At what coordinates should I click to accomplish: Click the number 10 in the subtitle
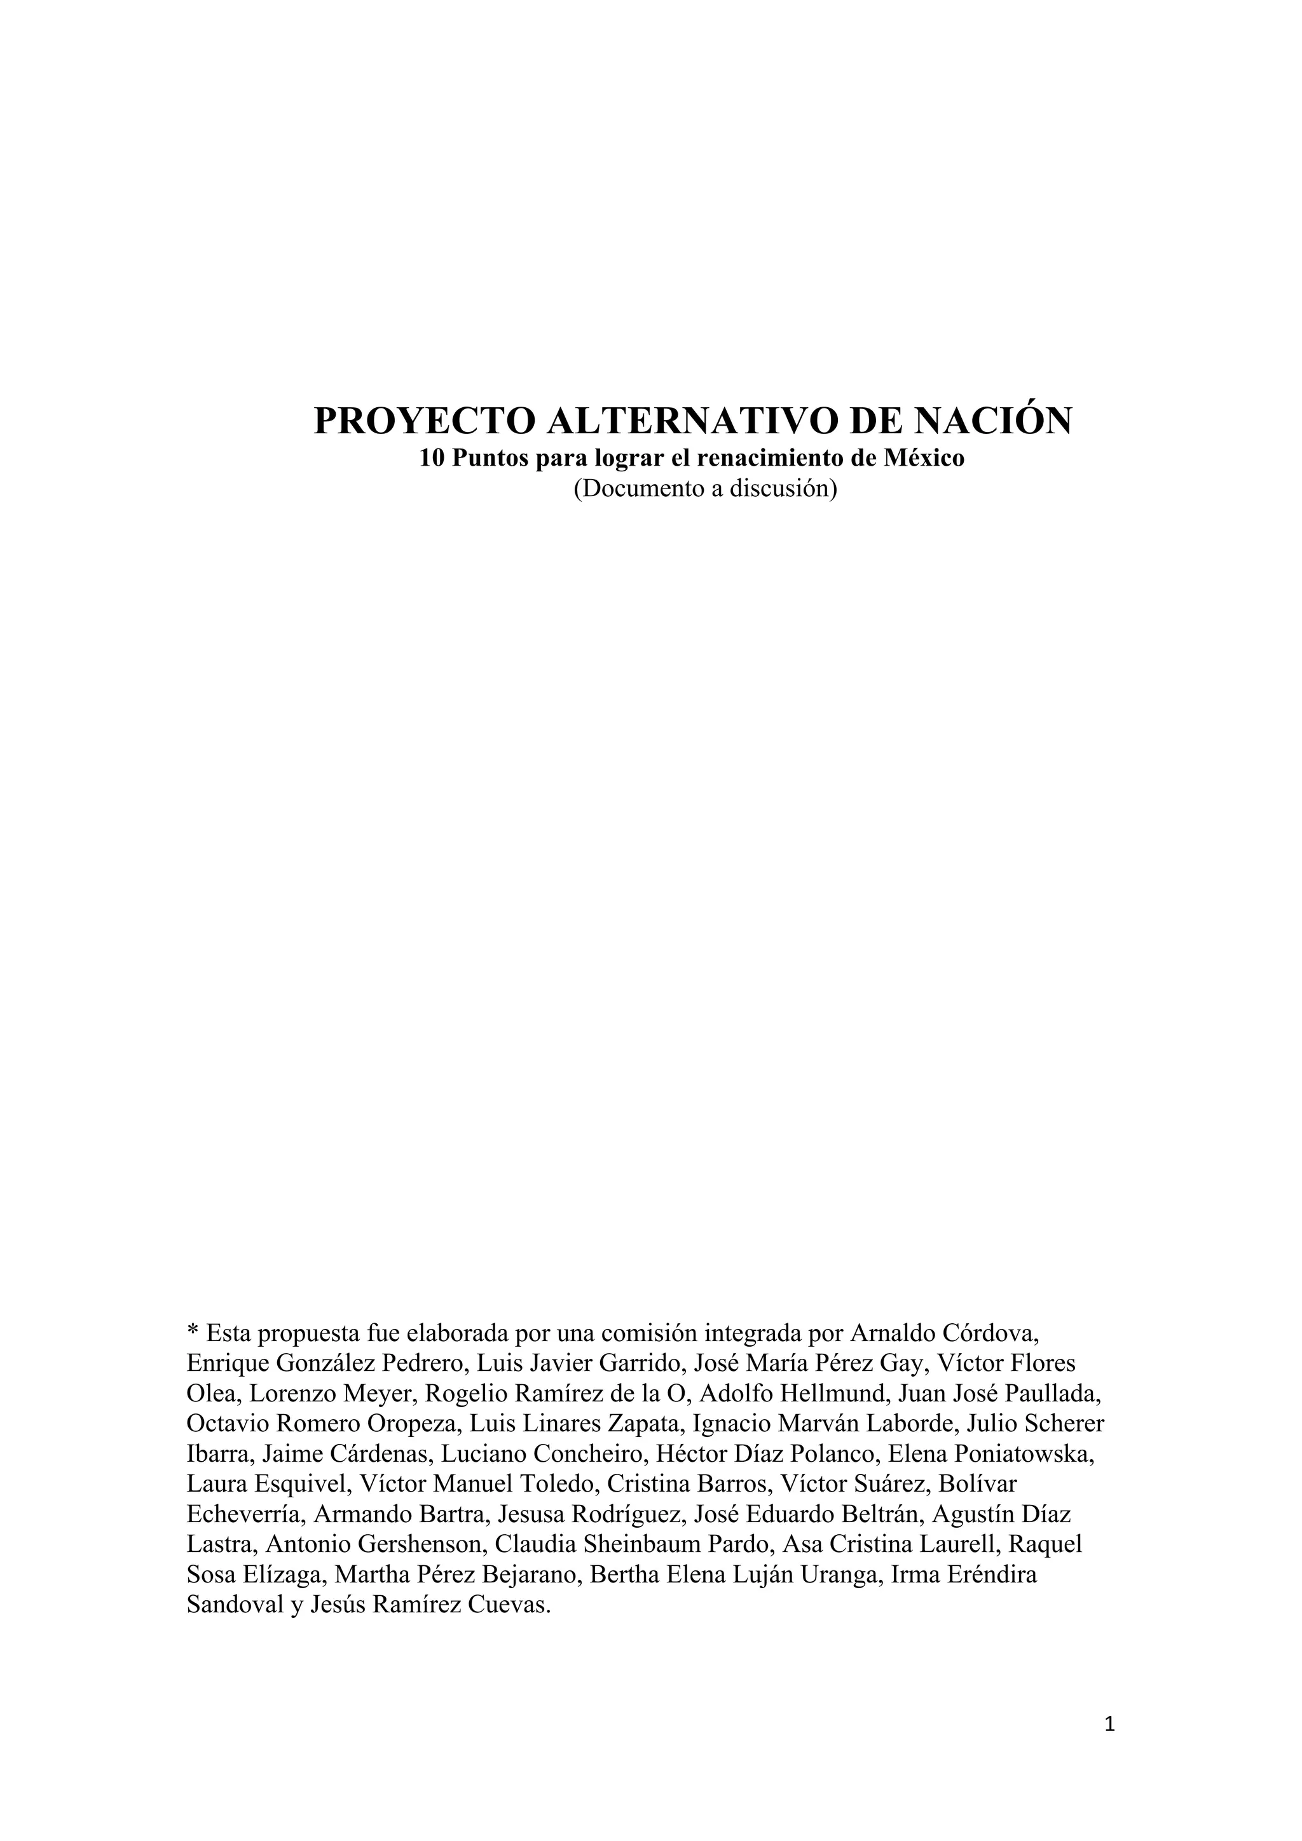point(431,459)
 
